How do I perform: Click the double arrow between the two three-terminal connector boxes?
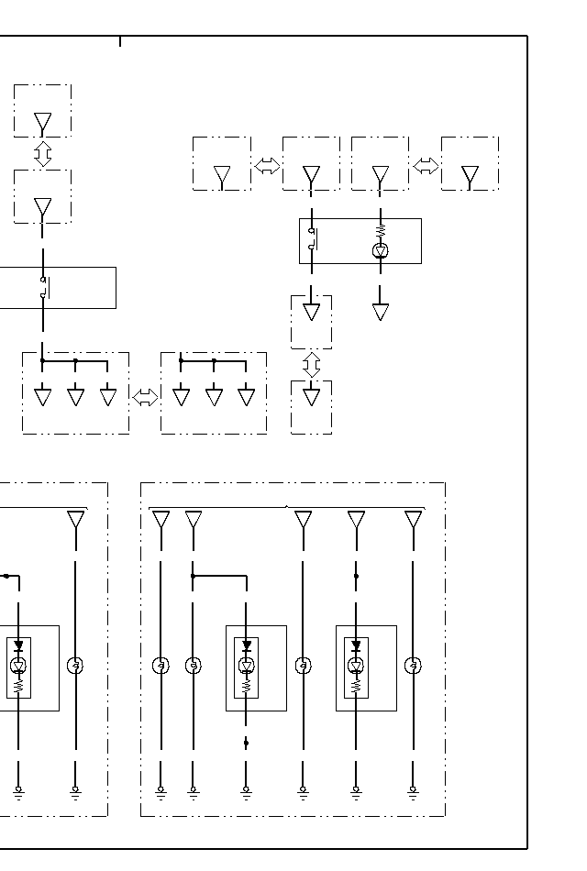pyautogui.click(x=145, y=397)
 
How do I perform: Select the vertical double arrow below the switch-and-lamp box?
pyautogui.click(x=311, y=364)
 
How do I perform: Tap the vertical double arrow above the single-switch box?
pyautogui.click(x=42, y=153)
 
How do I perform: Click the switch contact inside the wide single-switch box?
pyautogui.click(x=43, y=287)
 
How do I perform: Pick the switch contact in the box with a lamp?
pyautogui.click(x=312, y=239)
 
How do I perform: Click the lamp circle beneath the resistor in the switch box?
pyautogui.click(x=381, y=250)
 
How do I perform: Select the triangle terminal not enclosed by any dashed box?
pyautogui.click(x=381, y=313)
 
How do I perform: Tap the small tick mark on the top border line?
pyautogui.click(x=119, y=40)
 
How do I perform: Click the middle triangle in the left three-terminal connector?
pyautogui.click(x=75, y=397)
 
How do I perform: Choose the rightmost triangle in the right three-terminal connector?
pyautogui.click(x=246, y=397)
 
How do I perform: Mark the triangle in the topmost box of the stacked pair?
pyautogui.click(x=42, y=123)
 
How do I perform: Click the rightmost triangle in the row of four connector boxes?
pyautogui.click(x=470, y=175)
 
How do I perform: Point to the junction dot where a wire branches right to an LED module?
pyautogui.click(x=193, y=576)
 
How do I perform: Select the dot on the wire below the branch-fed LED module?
pyautogui.click(x=246, y=744)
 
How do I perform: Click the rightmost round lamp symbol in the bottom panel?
pyautogui.click(x=413, y=666)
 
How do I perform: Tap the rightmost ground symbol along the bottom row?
pyautogui.click(x=413, y=789)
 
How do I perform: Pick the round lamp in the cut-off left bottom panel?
pyautogui.click(x=75, y=666)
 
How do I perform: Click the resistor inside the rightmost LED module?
pyautogui.click(x=356, y=684)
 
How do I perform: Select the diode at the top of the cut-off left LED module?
pyautogui.click(x=18, y=646)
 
